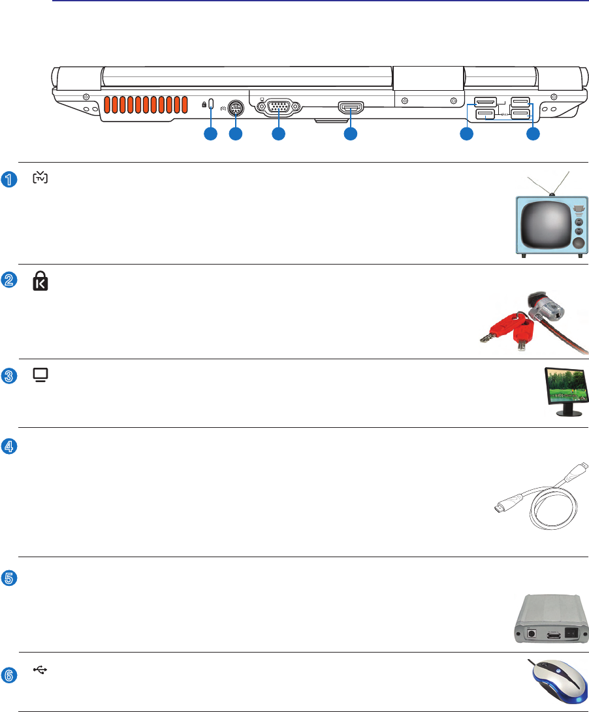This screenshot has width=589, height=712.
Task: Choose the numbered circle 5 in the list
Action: pos(8,577)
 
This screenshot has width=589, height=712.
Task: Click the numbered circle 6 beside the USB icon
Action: pos(8,676)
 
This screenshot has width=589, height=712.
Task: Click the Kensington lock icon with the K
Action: pos(40,282)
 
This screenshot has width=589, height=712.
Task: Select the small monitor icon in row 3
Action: pos(40,376)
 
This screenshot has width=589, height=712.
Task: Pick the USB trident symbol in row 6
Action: pos(40,670)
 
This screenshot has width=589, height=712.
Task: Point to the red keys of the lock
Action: pos(503,330)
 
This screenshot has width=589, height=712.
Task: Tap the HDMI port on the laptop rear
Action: pos(351,107)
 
